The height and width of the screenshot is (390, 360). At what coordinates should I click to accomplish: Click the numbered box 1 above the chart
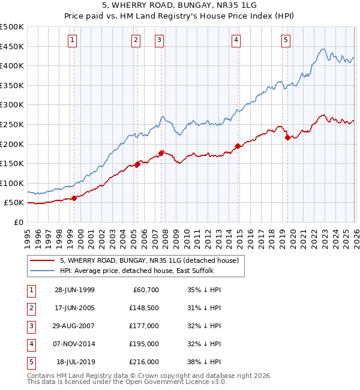[x=72, y=40]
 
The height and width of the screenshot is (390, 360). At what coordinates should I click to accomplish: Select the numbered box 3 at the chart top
[x=159, y=40]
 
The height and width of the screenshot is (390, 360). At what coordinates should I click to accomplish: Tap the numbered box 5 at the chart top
[x=286, y=40]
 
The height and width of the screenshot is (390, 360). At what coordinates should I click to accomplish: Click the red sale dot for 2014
[x=238, y=146]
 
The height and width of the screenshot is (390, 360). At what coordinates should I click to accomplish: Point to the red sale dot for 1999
[x=74, y=198]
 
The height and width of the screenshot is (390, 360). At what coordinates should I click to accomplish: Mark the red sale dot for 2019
[x=287, y=138]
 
